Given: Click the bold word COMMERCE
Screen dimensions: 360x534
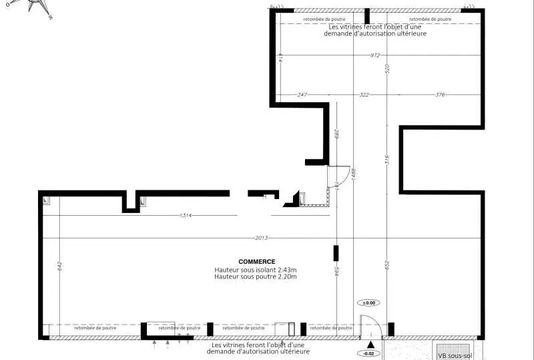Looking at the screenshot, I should click(x=257, y=262).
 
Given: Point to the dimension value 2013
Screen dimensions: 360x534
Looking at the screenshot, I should click(x=261, y=238).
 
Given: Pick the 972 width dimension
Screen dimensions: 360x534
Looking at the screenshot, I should click(x=376, y=55).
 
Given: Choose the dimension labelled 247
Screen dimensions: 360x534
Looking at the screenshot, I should click(x=302, y=95).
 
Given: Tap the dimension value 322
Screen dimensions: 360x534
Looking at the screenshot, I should click(x=364, y=95).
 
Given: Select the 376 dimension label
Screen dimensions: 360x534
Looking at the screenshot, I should click(x=440, y=95).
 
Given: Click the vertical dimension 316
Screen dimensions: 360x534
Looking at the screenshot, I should click(x=386, y=160).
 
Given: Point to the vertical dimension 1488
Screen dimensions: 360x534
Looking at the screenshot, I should click(x=353, y=174).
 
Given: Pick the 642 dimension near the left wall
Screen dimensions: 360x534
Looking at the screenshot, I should click(x=59, y=265).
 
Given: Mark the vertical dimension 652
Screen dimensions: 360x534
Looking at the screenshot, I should click(x=386, y=265).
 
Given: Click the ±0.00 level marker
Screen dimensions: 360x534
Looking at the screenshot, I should click(x=369, y=303).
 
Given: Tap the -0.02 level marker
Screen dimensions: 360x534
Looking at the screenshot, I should click(x=369, y=353).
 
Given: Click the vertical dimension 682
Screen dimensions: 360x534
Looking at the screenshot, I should click(x=337, y=134).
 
